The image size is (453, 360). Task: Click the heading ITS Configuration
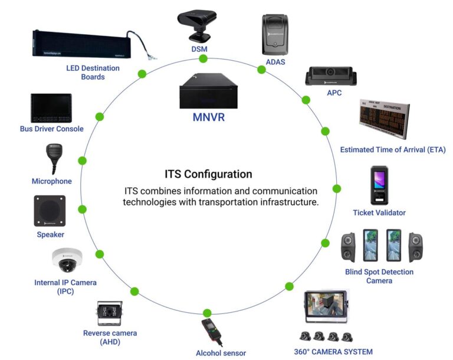(x=208, y=174)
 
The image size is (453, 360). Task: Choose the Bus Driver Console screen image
(x=51, y=108)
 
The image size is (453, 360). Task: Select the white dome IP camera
(x=67, y=258)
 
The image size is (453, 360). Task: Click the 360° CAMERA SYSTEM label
(x=333, y=352)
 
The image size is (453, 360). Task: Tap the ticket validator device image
(x=379, y=185)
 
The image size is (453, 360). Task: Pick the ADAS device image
(x=274, y=34)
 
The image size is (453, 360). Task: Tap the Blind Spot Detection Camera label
(x=379, y=276)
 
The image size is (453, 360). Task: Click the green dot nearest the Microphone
(x=83, y=161)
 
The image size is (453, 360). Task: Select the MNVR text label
(x=208, y=117)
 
